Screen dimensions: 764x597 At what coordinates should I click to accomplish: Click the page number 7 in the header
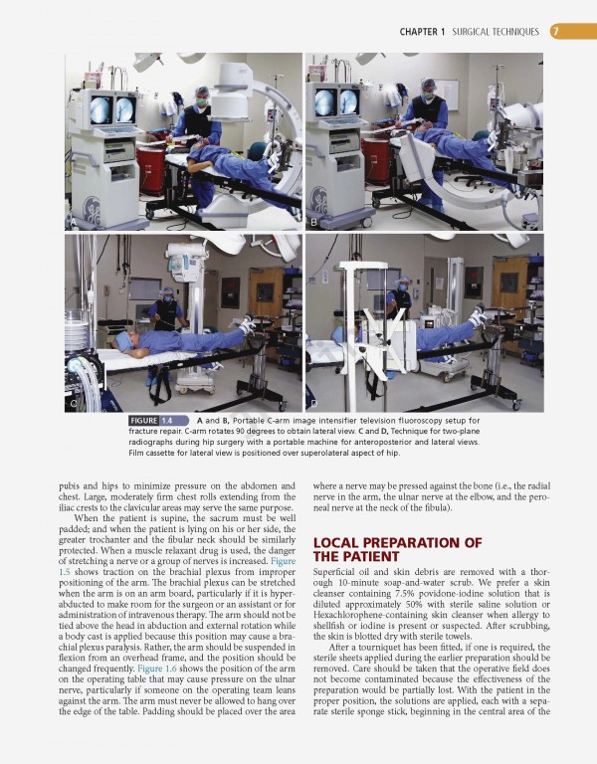pyautogui.click(x=555, y=32)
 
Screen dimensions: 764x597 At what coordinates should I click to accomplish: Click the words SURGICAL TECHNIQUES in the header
pyautogui.click(x=495, y=32)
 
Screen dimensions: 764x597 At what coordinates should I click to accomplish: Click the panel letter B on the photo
pyautogui.click(x=314, y=222)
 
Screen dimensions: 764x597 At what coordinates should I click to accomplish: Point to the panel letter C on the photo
pyautogui.click(x=72, y=404)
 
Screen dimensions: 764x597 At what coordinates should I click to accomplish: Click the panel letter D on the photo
pyautogui.click(x=314, y=404)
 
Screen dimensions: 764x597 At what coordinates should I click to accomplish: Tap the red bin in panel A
pyautogui.click(x=153, y=163)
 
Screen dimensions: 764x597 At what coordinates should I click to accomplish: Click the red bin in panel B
pyautogui.click(x=377, y=159)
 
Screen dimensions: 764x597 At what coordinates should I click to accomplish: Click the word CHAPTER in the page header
pyautogui.click(x=421, y=32)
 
